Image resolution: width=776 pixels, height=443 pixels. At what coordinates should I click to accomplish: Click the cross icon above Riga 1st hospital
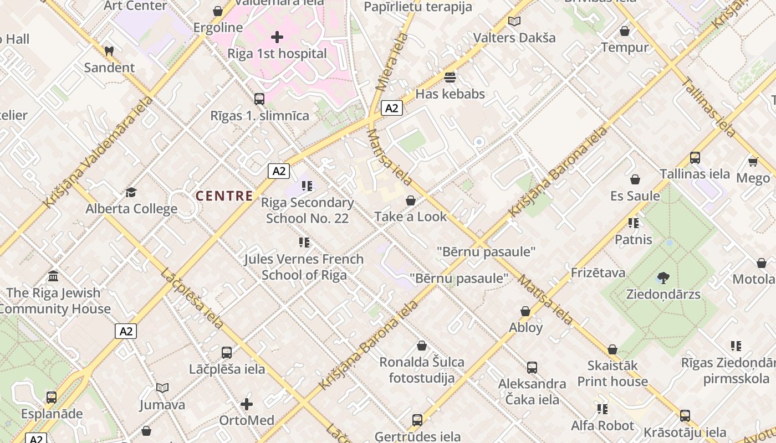277,37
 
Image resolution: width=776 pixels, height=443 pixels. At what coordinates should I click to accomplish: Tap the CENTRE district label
224,195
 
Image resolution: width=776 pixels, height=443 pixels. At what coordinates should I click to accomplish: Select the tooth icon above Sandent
109,51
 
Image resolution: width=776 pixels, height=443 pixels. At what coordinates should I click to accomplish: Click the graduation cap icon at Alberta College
131,192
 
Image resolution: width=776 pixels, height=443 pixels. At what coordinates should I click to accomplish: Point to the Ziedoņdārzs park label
663,294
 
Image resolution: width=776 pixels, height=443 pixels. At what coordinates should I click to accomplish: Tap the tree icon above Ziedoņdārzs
663,277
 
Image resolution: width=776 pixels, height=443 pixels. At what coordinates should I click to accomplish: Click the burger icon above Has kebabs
450,77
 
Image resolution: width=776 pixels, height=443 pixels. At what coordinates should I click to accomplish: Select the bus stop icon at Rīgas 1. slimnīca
259,99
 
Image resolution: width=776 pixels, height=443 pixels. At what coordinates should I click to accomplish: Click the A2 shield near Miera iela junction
391,108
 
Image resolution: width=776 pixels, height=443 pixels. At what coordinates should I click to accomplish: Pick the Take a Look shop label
410,217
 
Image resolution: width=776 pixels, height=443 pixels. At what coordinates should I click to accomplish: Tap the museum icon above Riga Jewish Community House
53,276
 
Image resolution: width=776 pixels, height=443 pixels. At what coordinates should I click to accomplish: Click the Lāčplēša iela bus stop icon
226,352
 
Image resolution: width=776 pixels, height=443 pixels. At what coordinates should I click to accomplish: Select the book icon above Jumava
162,388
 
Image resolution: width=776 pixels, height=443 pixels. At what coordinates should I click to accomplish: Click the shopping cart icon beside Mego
753,161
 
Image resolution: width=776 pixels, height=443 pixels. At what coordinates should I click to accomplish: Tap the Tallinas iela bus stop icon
695,157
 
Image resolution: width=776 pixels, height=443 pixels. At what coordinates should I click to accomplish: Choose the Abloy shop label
525,327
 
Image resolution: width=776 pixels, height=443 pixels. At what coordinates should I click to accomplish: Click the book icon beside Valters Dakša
514,21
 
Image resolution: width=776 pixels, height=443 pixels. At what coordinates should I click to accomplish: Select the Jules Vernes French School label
304,267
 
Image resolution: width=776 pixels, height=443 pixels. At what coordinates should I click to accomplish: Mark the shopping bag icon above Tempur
625,31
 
